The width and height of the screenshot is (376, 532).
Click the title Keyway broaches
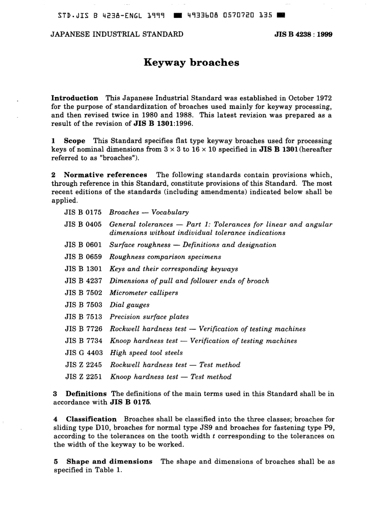191,63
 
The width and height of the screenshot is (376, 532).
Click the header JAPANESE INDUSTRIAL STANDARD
117,34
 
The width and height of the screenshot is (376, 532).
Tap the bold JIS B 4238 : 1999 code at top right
303,34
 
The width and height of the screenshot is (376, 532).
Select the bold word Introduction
75,98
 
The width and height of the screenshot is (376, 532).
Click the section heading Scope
74,141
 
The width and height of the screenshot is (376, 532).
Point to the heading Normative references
105,175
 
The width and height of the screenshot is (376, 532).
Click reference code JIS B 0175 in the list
83,212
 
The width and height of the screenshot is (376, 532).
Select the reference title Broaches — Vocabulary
149,212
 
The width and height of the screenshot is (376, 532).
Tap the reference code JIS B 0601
83,245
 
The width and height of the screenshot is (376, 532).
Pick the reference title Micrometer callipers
144,293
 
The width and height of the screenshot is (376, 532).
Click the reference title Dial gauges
129,305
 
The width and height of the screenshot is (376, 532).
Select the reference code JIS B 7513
83,317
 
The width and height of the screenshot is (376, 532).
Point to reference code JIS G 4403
83,352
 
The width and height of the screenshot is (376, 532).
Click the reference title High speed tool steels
146,352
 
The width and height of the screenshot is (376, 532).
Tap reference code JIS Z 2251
83,376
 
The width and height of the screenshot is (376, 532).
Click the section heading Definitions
86,393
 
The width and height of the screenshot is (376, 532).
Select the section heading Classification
91,419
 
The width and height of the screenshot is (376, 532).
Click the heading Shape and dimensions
109,461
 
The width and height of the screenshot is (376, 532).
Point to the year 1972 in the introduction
323,98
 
